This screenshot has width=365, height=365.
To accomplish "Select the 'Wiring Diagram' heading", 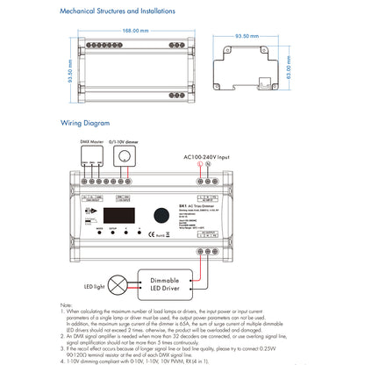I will [x=84, y=123].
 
